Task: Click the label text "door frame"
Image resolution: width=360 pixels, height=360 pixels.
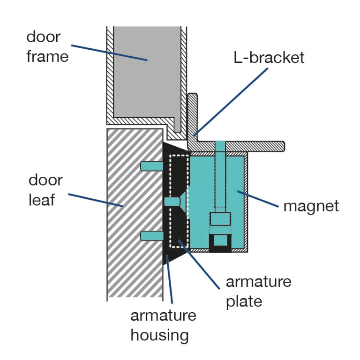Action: (x=47, y=46)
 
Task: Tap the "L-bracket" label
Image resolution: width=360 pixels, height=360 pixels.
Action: (x=269, y=57)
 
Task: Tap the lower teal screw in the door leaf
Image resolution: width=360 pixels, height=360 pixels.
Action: (x=151, y=236)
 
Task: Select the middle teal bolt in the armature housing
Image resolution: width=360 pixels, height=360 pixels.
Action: (x=172, y=202)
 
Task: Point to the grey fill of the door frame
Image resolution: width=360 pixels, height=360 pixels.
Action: (x=145, y=70)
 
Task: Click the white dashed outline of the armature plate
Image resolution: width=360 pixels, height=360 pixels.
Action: (x=171, y=202)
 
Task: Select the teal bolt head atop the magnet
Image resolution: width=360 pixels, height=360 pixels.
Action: (x=220, y=145)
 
